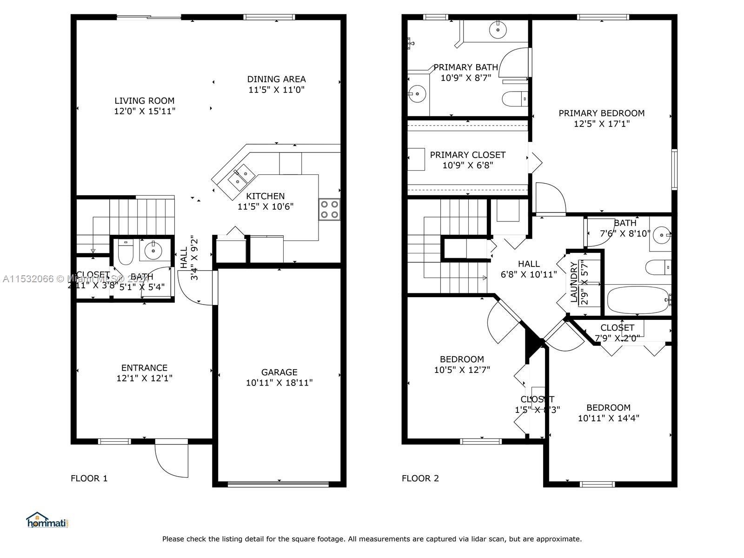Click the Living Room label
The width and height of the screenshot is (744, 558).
point(144,100)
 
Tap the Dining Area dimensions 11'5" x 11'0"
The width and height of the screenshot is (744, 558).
point(276,90)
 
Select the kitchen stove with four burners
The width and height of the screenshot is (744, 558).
point(329,209)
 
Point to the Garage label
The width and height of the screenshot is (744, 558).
point(279,372)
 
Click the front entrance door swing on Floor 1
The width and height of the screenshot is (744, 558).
point(172,458)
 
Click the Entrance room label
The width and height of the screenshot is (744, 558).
point(144,367)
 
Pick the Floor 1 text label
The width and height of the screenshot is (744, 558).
point(89,478)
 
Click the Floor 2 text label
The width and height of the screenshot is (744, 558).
point(420,478)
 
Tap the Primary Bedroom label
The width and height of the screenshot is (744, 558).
point(601,113)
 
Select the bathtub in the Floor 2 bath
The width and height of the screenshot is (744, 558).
point(637,300)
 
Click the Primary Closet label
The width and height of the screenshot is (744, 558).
point(467,155)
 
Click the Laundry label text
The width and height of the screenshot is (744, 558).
point(574,282)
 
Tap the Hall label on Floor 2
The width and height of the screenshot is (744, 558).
point(529,264)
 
